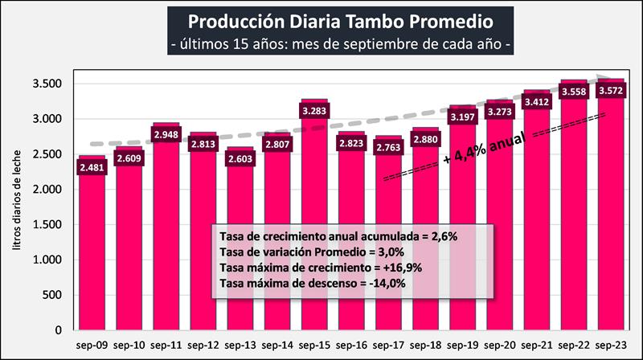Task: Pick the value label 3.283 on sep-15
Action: (x=313, y=111)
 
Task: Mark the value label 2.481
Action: (x=92, y=167)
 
